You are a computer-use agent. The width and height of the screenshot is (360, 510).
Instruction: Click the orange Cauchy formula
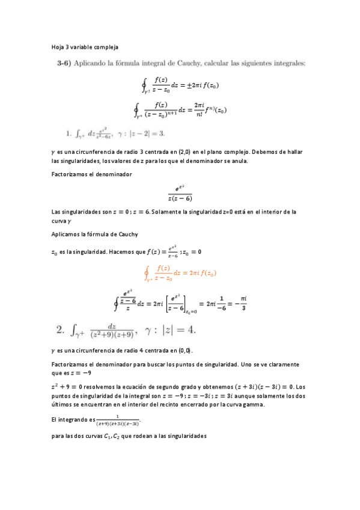(180, 273)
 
